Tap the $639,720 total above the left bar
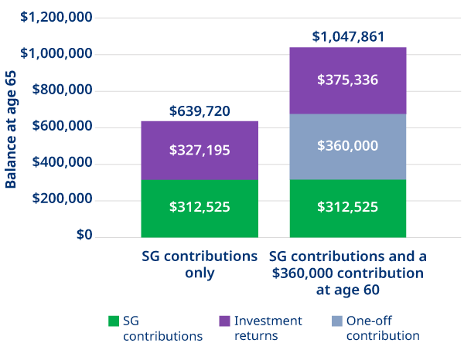pos(200,111)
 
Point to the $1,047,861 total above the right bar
pos(348,37)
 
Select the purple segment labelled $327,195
pos(200,151)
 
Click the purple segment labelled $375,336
pos(348,80)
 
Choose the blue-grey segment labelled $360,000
pos(348,147)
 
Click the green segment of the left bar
pos(200,208)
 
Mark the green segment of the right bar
pos(348,208)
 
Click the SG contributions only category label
pos(200,264)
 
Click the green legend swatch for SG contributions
pos(114,321)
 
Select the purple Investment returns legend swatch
pos(223,321)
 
